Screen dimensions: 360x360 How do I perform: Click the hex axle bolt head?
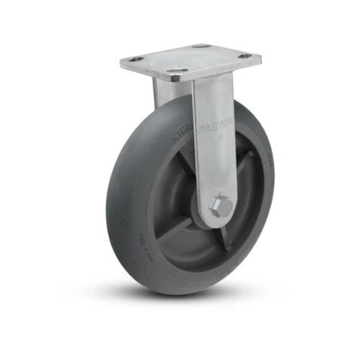[221, 208]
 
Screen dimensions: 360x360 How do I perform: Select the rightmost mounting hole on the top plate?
[246, 57]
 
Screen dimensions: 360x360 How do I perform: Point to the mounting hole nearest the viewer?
[176, 70]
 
